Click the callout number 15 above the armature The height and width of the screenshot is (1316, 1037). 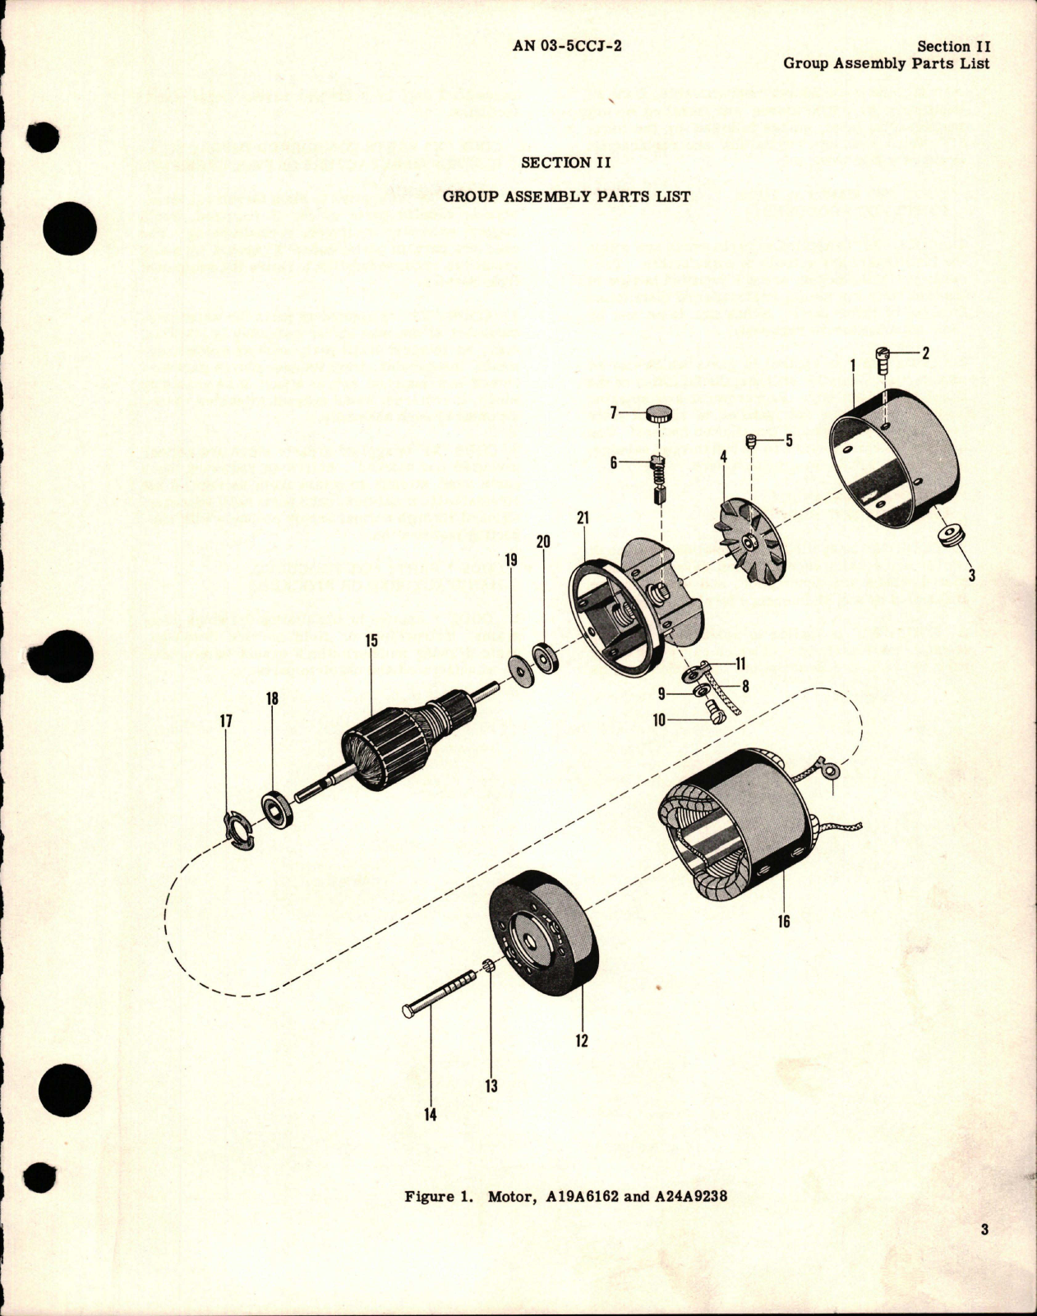click(371, 640)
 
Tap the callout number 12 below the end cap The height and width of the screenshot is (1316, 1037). click(582, 1041)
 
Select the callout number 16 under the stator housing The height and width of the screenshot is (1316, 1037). click(783, 922)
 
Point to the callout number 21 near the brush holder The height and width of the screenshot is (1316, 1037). click(583, 518)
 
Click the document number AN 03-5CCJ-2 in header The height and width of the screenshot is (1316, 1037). click(567, 46)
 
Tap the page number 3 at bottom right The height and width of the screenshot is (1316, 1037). click(984, 1230)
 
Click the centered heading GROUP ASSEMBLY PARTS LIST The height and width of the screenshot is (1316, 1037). click(567, 196)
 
